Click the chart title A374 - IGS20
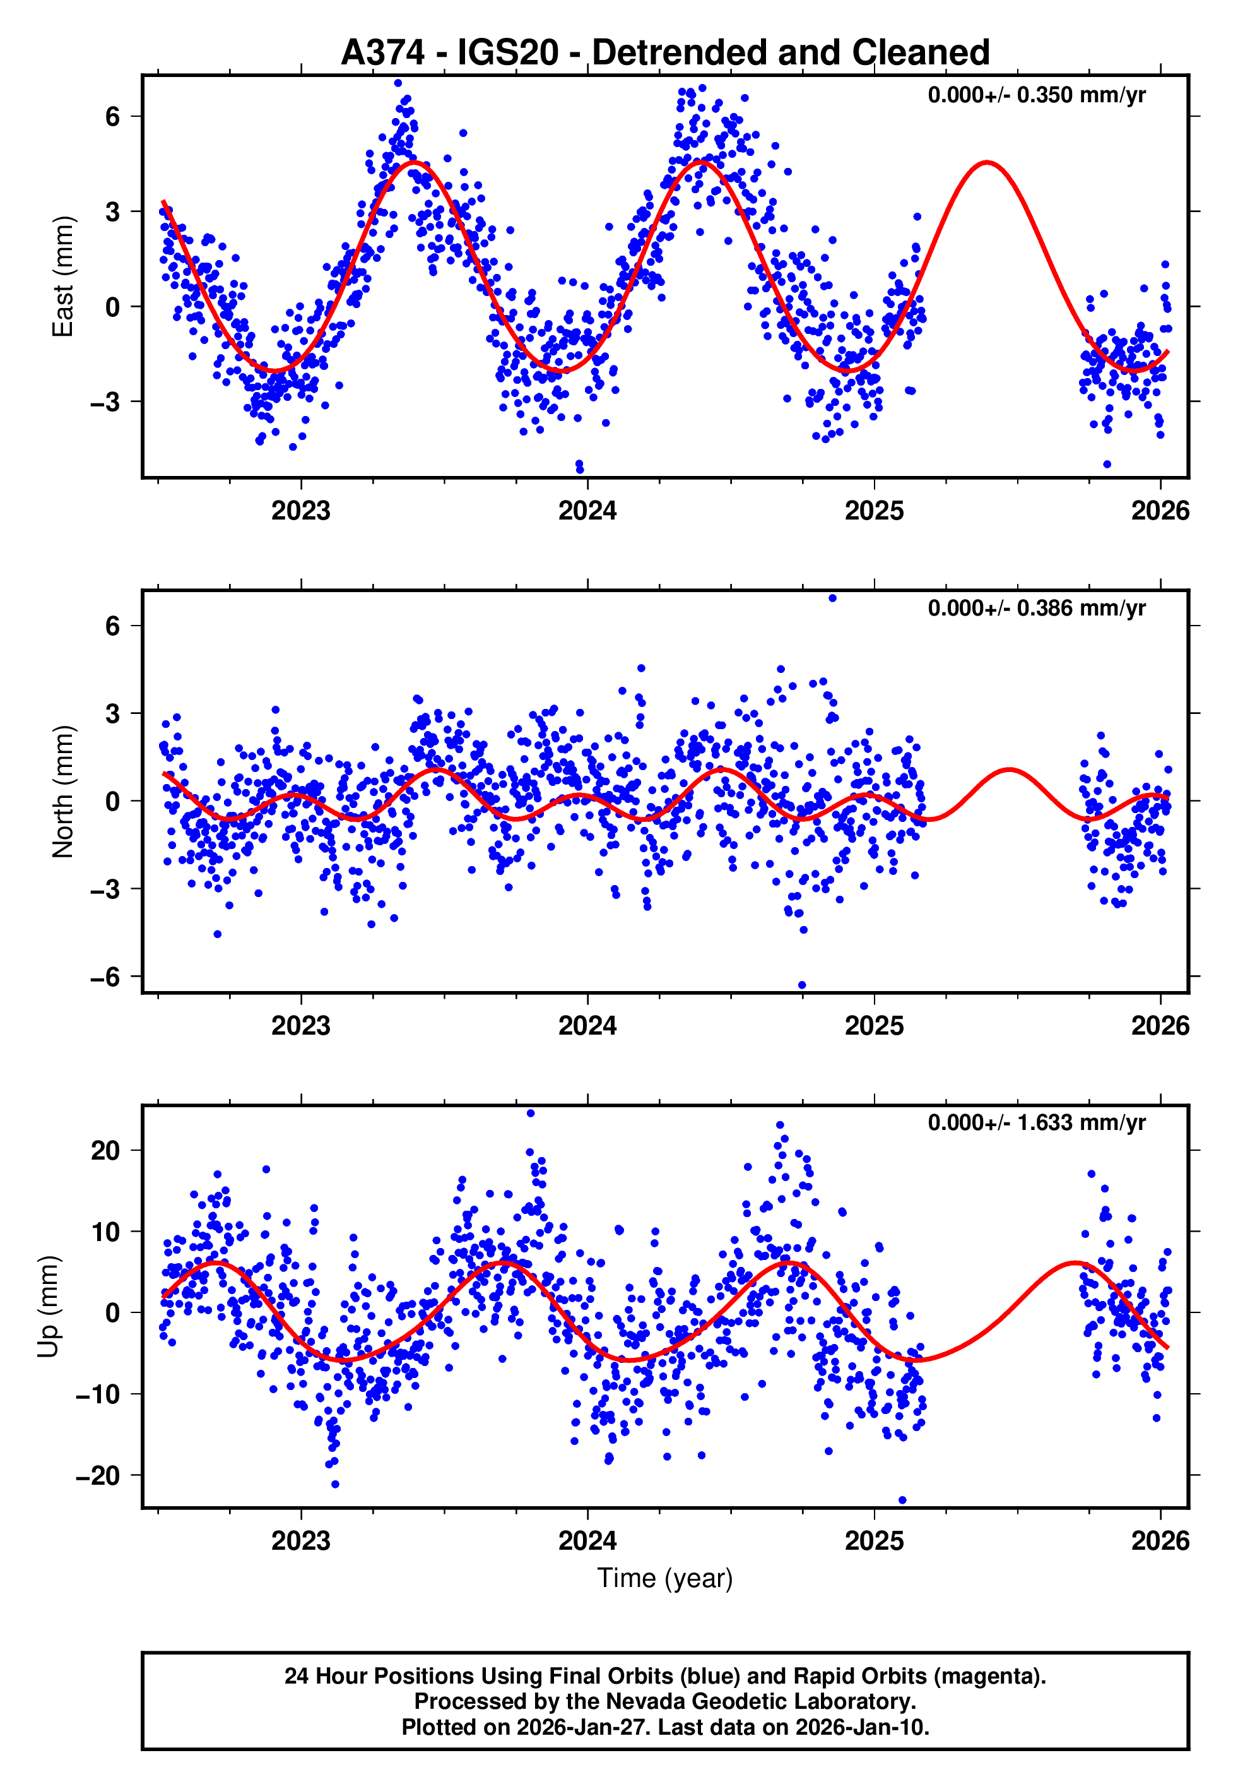[x=665, y=53]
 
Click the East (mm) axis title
[x=63, y=277]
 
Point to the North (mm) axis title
[x=63, y=792]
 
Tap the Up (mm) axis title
[x=48, y=1307]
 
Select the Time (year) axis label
[x=665, y=1578]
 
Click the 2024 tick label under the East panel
[x=587, y=511]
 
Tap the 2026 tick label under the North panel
[x=1160, y=1026]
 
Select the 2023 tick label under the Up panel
[x=301, y=1540]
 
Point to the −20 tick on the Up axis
[x=98, y=1475]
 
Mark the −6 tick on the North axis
[x=105, y=977]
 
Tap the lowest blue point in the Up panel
[x=902, y=1501]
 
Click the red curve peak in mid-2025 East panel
[x=986, y=163]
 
